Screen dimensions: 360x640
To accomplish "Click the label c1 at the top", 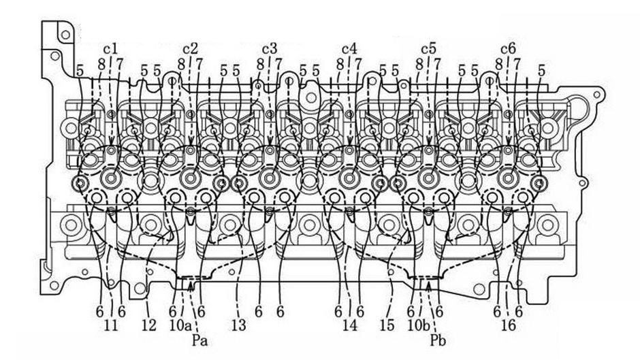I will coord(110,48).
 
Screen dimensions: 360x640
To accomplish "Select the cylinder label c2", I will coord(190,48).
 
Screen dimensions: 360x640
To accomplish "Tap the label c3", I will coord(270,48).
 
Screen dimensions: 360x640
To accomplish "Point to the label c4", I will coord(349,48).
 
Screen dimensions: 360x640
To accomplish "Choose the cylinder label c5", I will coord(428,48).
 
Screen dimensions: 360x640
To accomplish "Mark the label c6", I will coord(508,48).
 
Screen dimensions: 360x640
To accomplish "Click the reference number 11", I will coord(110,326).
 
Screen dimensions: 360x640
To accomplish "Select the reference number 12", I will coord(148,326).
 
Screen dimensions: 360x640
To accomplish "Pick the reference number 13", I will coord(238,326).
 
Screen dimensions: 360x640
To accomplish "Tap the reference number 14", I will coord(349,326).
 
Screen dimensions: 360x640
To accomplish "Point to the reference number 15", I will coord(386,326).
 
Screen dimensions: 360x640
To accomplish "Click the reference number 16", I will coord(508,326).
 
